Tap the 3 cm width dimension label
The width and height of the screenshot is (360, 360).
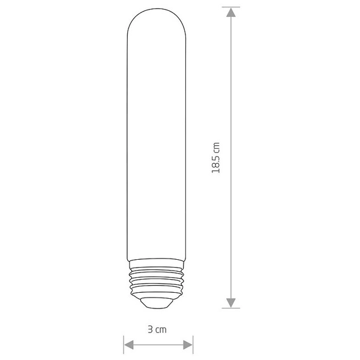point(158,329)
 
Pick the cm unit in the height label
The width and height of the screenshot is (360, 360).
point(217,147)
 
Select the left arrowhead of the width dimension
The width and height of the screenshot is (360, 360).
point(128,344)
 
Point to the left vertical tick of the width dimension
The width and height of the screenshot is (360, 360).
point(124,344)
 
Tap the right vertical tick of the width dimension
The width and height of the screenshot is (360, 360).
point(193,344)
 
